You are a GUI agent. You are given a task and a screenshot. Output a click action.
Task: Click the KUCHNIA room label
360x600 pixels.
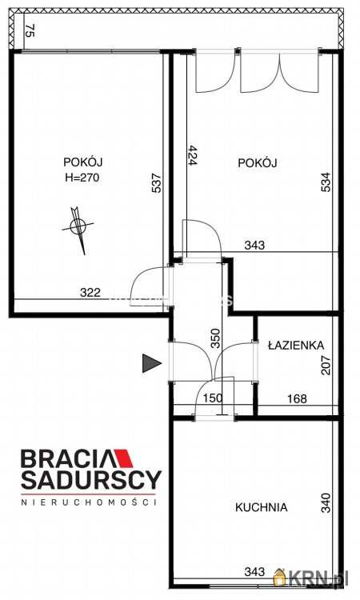[261, 507]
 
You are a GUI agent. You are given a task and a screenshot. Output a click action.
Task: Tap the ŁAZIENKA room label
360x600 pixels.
[296, 345]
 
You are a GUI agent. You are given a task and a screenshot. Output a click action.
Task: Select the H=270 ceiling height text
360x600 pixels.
[81, 178]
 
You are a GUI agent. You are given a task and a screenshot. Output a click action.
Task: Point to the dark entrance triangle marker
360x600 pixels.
[152, 363]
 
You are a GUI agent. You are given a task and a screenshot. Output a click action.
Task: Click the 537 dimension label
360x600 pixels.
[157, 183]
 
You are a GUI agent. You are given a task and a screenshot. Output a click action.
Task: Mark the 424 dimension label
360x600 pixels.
[192, 155]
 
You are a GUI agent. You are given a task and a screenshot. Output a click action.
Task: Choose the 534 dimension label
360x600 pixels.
[326, 182]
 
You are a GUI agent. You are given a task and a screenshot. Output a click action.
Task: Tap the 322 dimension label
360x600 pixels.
[90, 292]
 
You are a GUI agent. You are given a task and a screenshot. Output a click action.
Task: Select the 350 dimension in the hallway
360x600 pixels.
[216, 338]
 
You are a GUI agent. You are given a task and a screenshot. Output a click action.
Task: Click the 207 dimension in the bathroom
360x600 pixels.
[326, 365]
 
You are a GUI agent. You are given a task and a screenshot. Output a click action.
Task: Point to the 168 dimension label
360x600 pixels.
[298, 398]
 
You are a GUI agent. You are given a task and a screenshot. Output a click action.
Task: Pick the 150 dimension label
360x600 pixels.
[213, 398]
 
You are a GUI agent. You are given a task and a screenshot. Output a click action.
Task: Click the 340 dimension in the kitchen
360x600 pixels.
[326, 503]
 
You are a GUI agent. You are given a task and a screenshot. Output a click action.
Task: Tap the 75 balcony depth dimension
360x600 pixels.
[30, 30]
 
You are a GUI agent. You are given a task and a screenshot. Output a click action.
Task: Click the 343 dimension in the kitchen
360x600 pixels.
[254, 572]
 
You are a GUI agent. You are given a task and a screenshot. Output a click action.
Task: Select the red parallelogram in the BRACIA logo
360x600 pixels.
[123, 458]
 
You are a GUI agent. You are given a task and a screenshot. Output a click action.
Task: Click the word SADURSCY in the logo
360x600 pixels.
[91, 480]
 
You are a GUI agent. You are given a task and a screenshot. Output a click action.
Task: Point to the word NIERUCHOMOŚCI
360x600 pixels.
[88, 502]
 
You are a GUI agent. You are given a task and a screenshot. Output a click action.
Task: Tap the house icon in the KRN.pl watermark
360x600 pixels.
[281, 577]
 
